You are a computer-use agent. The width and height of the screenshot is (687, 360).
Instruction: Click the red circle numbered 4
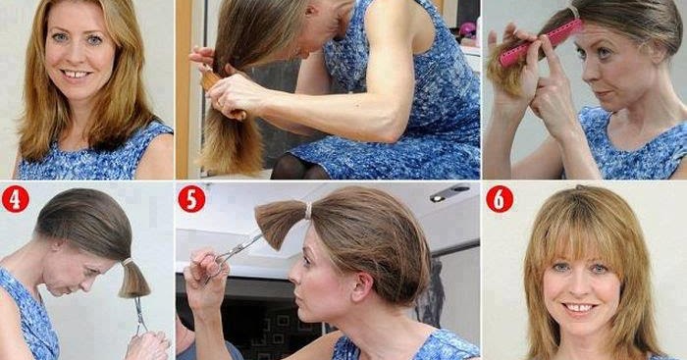[x=16, y=199]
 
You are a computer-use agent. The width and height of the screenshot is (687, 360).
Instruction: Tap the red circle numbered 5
[x=191, y=199]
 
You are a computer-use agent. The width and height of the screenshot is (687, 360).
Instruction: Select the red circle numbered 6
[x=500, y=199]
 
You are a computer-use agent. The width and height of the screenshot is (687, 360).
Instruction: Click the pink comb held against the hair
[x=542, y=42]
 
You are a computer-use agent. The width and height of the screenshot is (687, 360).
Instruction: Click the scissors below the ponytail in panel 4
[x=140, y=315]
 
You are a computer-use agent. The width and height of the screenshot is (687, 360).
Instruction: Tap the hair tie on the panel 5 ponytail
[x=308, y=211]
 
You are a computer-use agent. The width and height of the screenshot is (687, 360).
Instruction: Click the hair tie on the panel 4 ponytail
[x=128, y=262]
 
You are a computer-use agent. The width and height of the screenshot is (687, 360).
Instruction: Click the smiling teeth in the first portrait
[x=76, y=74]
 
